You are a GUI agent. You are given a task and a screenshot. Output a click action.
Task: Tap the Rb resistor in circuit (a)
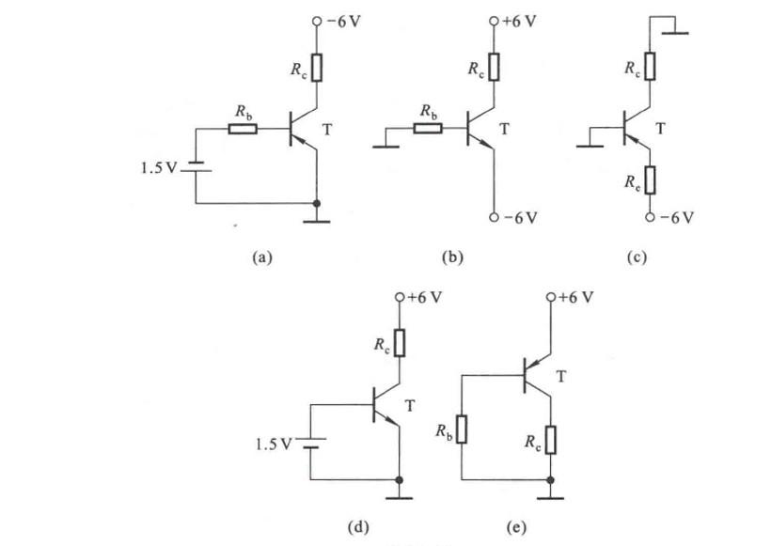[244, 128]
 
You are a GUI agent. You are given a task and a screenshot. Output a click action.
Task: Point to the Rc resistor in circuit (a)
[318, 68]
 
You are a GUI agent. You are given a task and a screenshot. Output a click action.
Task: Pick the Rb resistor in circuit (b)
[427, 128]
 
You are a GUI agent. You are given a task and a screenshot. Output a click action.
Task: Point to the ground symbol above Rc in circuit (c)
[673, 32]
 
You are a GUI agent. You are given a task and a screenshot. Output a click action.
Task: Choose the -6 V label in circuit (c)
[677, 218]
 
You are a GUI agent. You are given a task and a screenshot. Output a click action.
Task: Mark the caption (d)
[358, 526]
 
